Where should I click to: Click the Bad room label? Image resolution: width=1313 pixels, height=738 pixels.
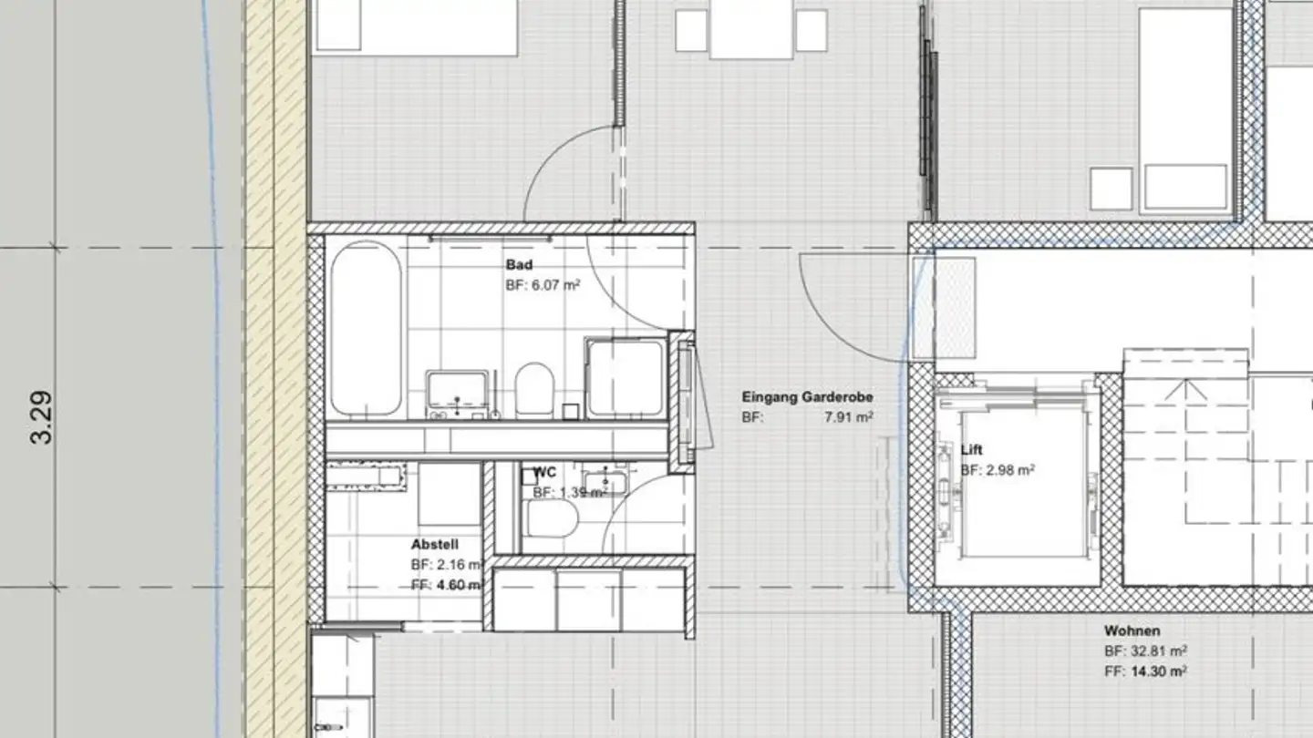click(x=519, y=265)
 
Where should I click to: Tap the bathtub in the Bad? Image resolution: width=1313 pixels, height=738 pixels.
click(x=366, y=328)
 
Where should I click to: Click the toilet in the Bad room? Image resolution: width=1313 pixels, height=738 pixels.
click(x=534, y=388)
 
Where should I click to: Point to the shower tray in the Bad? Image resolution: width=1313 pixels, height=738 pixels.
click(x=625, y=378)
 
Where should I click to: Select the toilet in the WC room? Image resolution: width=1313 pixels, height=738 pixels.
click(x=553, y=520)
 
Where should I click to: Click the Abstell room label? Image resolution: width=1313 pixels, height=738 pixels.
click(x=434, y=544)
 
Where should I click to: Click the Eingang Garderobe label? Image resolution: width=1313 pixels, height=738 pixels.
click(x=807, y=397)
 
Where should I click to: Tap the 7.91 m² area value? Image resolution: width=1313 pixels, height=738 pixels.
click(x=849, y=417)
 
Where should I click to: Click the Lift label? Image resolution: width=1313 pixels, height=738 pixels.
click(x=972, y=450)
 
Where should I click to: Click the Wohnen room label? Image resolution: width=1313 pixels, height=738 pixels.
click(x=1132, y=630)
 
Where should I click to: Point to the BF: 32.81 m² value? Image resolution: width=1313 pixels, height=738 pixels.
click(x=1145, y=651)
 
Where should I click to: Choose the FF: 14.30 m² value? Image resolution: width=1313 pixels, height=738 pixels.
click(x=1145, y=671)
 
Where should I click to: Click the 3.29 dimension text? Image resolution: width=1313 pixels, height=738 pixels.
click(x=42, y=416)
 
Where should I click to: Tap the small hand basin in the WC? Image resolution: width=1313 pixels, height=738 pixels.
click(x=603, y=479)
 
